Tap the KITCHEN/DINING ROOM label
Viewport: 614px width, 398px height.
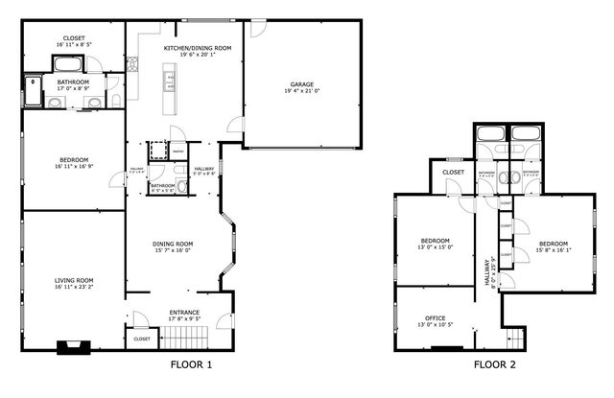pyautogui.click(x=198, y=47)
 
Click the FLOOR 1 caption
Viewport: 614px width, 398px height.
pyautogui.click(x=191, y=365)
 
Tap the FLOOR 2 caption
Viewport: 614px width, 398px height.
pyautogui.click(x=494, y=365)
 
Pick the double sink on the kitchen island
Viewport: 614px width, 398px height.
pyautogui.click(x=171, y=94)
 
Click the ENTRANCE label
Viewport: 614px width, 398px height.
pyautogui.click(x=184, y=312)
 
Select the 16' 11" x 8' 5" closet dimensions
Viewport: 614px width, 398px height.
pyautogui.click(x=73, y=44)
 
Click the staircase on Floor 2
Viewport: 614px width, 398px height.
pyautogui.click(x=516, y=338)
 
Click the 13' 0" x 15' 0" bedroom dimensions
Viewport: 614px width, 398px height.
pyautogui.click(x=436, y=247)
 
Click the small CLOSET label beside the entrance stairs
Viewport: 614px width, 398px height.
pyautogui.click(x=142, y=339)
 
